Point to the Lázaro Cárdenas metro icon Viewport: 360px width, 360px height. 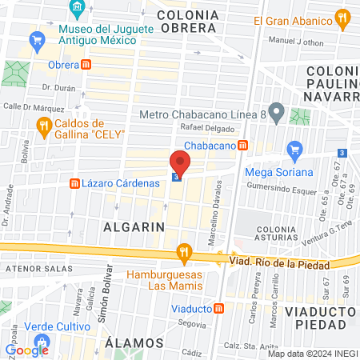(74, 184)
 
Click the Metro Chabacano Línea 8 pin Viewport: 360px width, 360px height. (276, 111)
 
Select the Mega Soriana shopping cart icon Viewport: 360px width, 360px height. (294, 148)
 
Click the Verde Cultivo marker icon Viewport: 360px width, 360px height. (14, 328)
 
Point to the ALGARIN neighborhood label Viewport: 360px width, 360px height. (134, 226)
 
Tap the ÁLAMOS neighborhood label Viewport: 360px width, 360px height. (134, 342)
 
